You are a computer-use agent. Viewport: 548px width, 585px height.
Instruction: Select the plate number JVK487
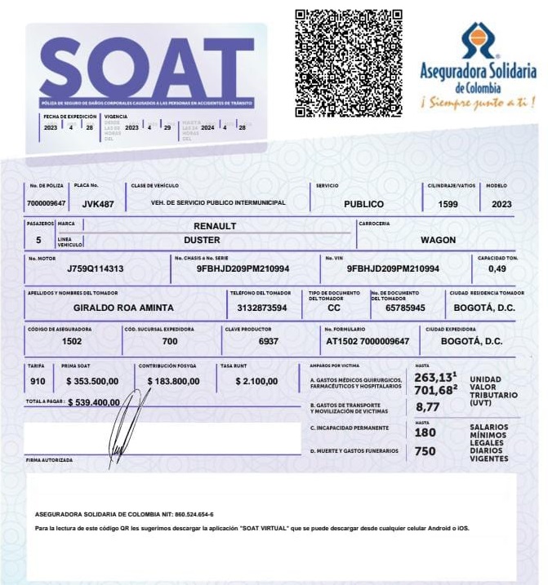pos(98,204)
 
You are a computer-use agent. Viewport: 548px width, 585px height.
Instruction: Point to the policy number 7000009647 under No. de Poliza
pos(47,204)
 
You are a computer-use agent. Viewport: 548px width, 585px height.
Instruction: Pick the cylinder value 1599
pos(448,204)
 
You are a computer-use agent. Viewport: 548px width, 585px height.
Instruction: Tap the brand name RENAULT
pos(215,225)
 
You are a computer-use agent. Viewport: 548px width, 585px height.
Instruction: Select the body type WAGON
pos(438,240)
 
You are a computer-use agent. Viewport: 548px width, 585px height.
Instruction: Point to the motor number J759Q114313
pos(96,268)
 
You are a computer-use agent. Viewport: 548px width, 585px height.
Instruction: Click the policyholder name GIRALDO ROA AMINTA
pos(123,308)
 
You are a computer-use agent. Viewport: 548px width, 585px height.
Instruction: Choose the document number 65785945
pos(405,308)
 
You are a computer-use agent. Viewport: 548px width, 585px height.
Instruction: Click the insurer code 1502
pos(72,341)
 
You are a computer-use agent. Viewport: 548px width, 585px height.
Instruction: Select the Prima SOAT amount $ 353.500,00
pos(92,381)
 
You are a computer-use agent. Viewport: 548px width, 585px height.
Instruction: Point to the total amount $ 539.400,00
pos(94,402)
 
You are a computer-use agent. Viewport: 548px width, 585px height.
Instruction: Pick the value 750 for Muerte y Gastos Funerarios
pos(425,451)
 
